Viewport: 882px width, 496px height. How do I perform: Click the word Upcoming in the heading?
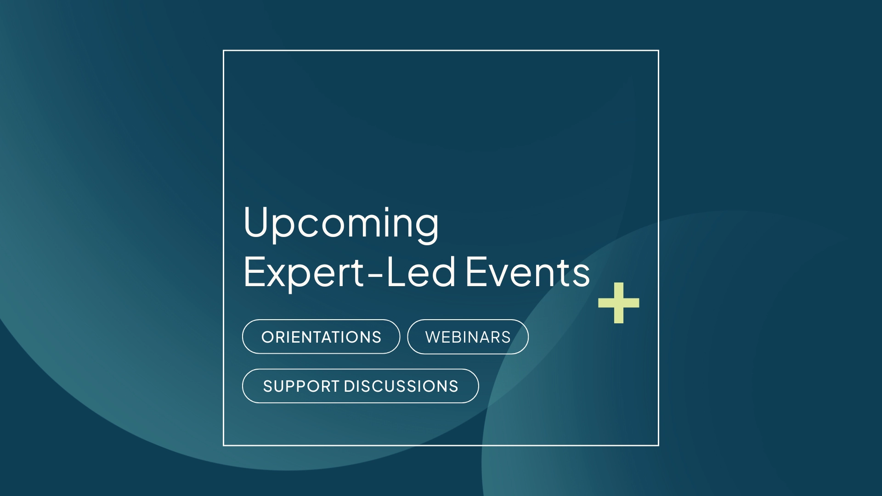[x=341, y=225]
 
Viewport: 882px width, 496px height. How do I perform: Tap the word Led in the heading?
[x=421, y=271]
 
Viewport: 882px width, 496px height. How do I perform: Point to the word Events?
[x=528, y=272]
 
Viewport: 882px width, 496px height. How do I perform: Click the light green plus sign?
[x=619, y=303]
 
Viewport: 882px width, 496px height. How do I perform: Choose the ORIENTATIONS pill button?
[x=321, y=337]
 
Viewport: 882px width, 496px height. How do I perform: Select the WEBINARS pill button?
[x=468, y=337]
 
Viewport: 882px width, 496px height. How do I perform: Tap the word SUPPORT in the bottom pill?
[x=301, y=386]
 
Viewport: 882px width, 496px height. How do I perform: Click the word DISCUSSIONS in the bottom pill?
[x=401, y=386]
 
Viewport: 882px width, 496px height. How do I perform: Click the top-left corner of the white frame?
[x=224, y=51]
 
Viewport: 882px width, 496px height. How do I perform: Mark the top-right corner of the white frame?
[x=658, y=51]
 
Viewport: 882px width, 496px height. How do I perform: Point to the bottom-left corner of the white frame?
[x=224, y=445]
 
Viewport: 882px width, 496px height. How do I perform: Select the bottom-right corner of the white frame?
[x=658, y=445]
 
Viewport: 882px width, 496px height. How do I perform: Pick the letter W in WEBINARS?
[x=434, y=337]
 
